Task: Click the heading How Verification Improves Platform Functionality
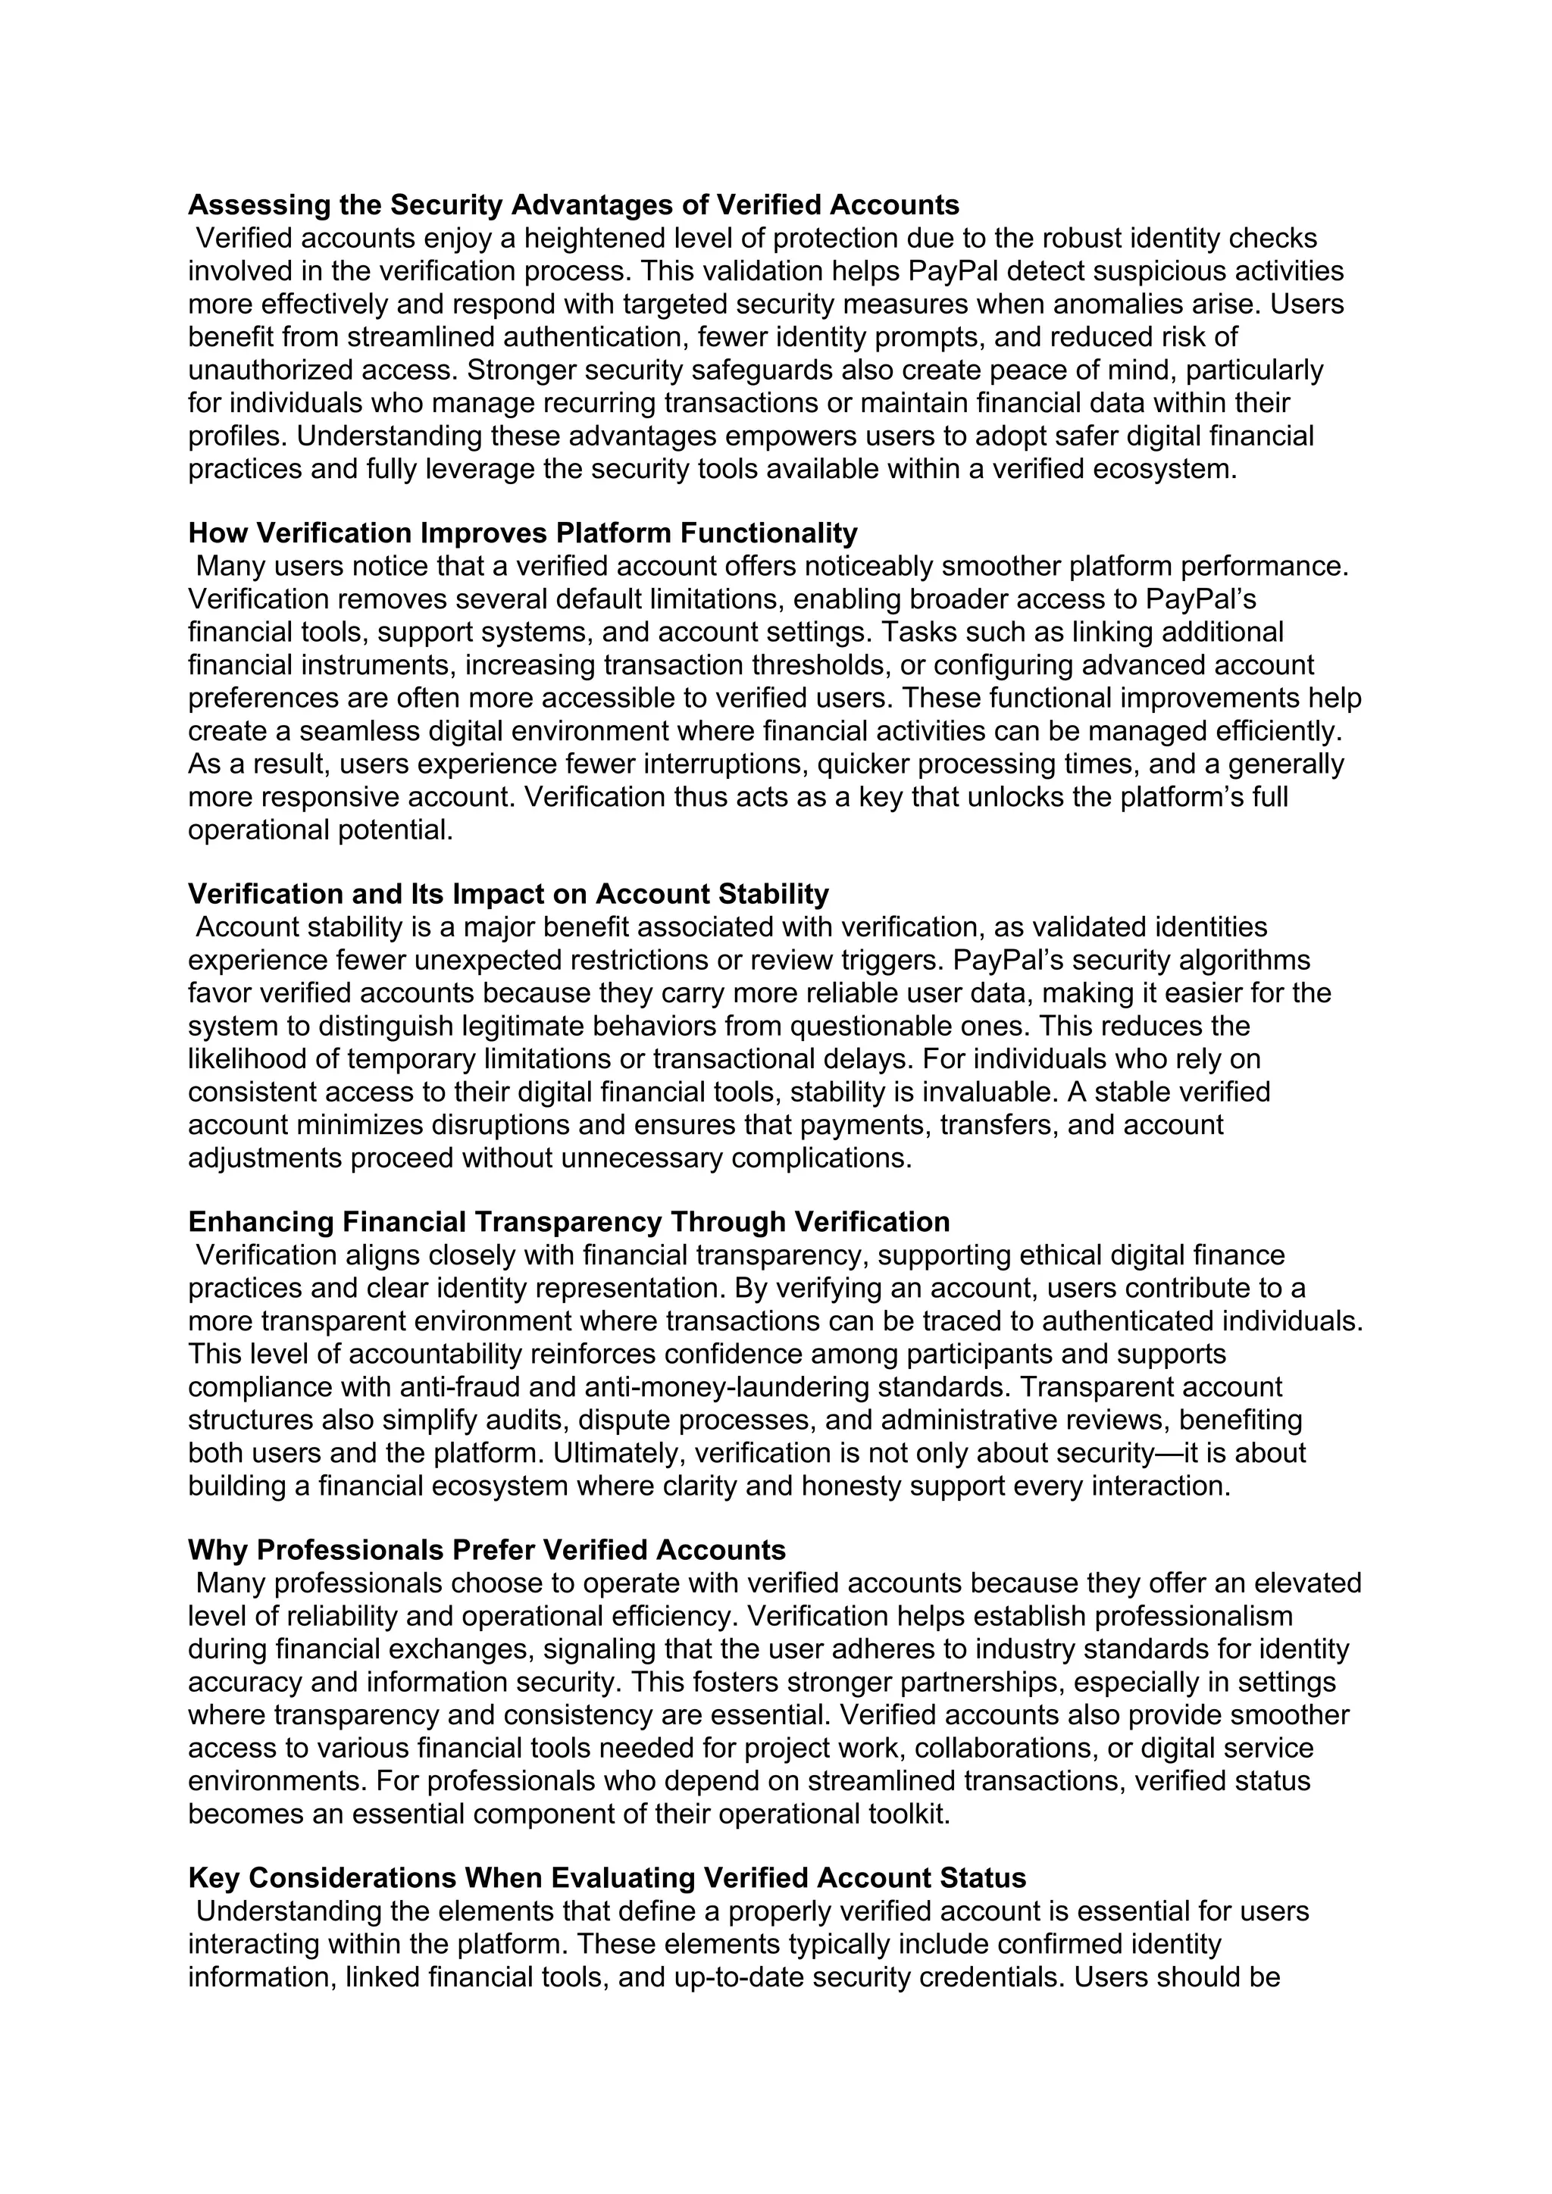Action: click(x=523, y=533)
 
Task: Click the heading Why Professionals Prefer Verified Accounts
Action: click(x=487, y=1550)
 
